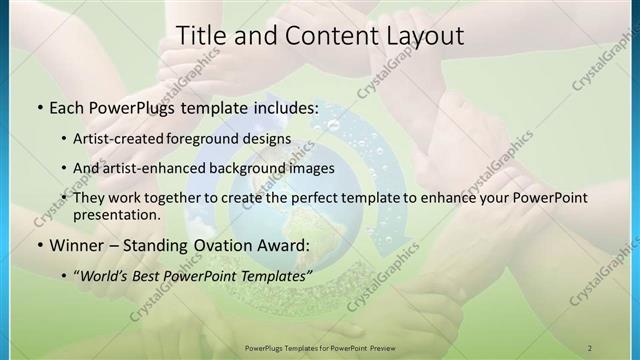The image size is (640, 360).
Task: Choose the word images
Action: tap(311, 168)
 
